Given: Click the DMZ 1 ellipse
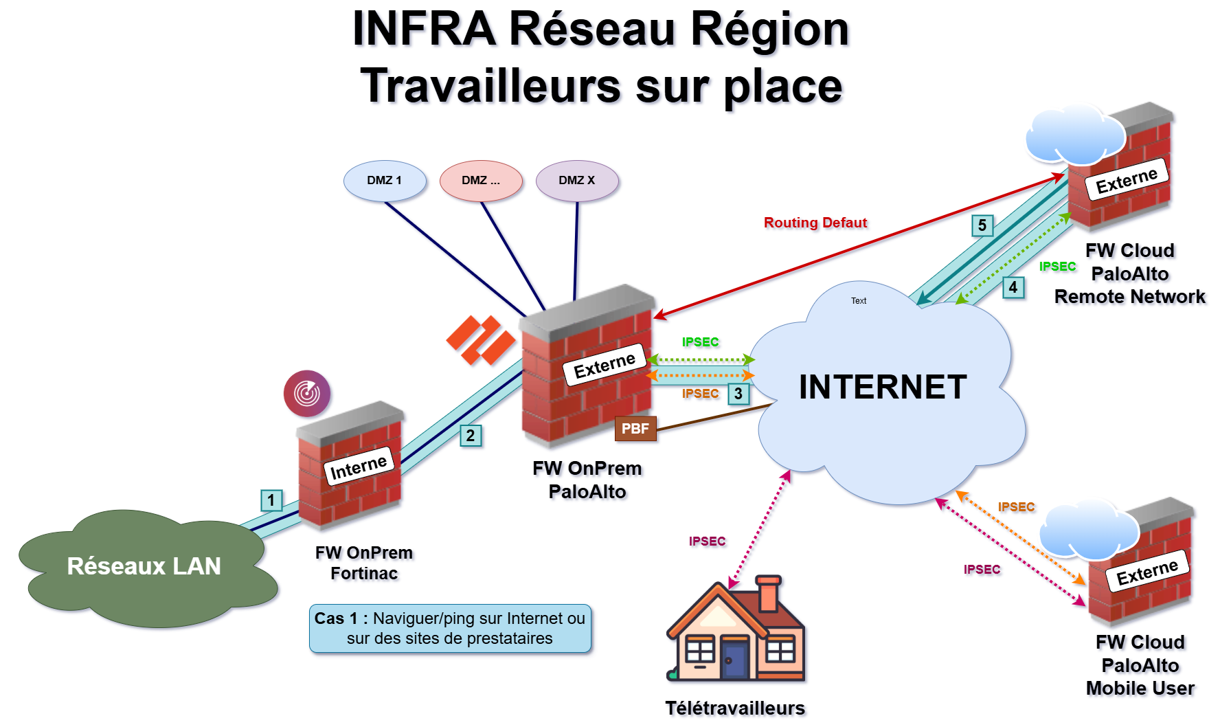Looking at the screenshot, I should coord(385,181).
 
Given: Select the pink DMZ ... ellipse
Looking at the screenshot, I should coord(481,181).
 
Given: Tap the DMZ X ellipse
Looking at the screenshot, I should coord(577,181).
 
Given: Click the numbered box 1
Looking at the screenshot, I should coord(271,500).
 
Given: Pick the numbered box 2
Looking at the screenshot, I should coord(471,436).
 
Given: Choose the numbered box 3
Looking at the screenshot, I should coord(738,394).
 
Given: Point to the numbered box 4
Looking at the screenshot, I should coord(1013,287).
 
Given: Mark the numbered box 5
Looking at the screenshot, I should coord(982,225).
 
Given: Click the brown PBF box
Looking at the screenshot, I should coord(635,429).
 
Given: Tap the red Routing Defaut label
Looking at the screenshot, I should coord(815,223).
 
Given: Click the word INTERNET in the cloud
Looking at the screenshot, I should coord(883,387).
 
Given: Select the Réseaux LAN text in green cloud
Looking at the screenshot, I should coord(144,566).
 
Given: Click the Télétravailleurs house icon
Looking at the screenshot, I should coord(735,629).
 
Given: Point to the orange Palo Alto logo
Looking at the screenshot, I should coord(480,340).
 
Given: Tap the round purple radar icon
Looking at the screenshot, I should coord(307,393).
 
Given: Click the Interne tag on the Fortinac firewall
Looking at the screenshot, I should coord(359,467).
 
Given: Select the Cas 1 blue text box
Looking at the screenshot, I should coord(450,629).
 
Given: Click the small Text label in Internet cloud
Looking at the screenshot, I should coord(859,300).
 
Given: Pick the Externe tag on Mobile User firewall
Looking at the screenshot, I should coord(1147,571).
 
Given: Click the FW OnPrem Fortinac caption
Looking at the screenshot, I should coord(364,563).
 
